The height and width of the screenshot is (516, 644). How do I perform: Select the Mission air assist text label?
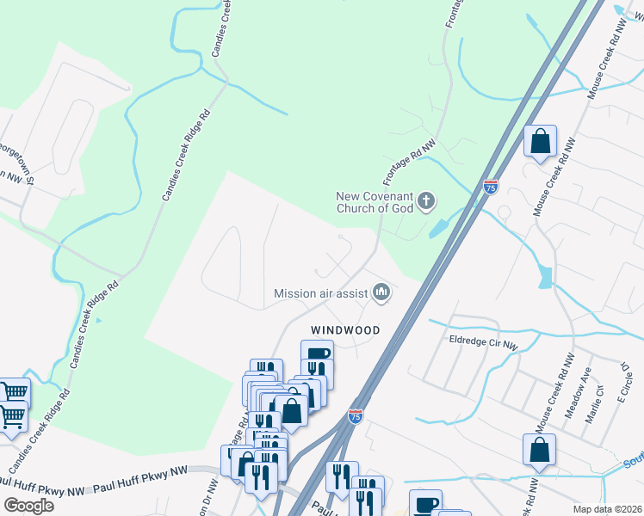point(320,293)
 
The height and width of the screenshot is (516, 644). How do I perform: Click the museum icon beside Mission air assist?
point(381,293)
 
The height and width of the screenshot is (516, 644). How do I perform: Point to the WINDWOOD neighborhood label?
point(345,329)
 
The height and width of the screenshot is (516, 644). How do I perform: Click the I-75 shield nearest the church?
point(490,187)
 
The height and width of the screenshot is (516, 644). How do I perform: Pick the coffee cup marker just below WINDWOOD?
point(317,354)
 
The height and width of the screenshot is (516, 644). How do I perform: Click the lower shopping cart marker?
point(12,418)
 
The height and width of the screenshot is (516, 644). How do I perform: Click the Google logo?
point(28,505)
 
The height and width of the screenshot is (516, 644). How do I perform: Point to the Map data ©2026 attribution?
point(607,509)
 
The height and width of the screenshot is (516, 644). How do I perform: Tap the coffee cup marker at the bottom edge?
point(424,504)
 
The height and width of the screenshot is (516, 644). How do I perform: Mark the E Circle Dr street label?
point(625,384)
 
